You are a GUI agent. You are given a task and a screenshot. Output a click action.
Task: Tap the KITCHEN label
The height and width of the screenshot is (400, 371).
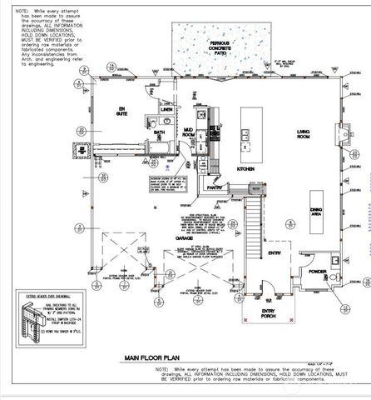point(246,168)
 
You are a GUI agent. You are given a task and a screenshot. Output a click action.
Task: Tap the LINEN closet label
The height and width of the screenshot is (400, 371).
point(166,109)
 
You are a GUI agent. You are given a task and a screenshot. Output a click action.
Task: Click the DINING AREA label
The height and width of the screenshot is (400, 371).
point(316,212)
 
